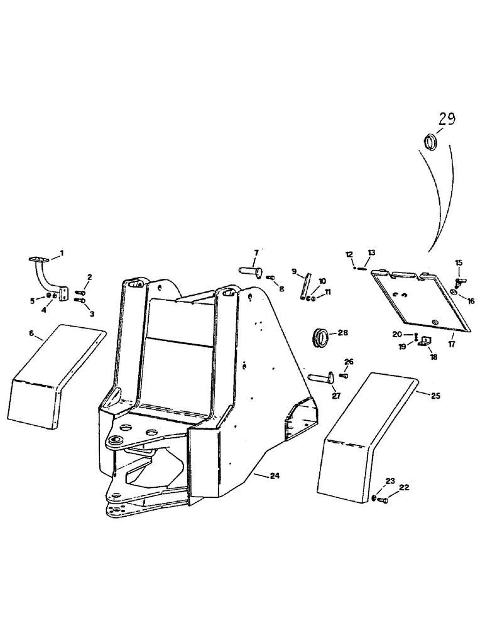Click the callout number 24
click(274, 476)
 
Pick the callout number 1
click(62, 253)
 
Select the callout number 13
click(371, 252)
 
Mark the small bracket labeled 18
click(424, 342)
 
